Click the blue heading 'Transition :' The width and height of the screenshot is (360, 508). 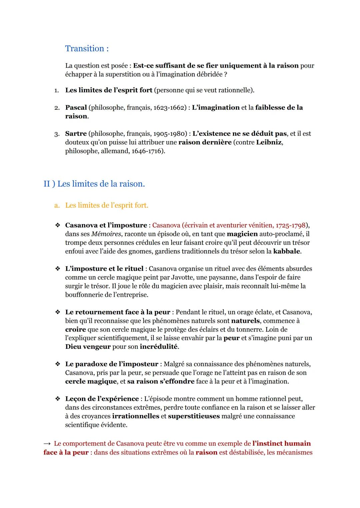tap(87, 49)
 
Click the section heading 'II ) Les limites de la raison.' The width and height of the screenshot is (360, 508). tap(94, 184)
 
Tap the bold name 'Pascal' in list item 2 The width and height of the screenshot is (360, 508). tap(76, 108)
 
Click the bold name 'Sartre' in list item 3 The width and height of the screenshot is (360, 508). tap(75, 134)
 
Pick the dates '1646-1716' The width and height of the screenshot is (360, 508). tap(147, 151)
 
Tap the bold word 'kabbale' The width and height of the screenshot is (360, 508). tap(286, 251)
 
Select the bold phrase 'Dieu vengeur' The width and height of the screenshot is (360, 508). tap(88, 346)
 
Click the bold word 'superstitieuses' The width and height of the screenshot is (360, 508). tap(194, 416)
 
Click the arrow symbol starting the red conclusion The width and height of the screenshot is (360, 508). tap(47, 444)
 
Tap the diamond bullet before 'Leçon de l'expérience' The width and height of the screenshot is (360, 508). tap(58, 399)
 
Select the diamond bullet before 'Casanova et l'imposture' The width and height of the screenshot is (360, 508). tap(58, 225)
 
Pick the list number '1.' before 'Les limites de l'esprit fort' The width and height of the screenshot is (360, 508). tap(57, 90)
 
